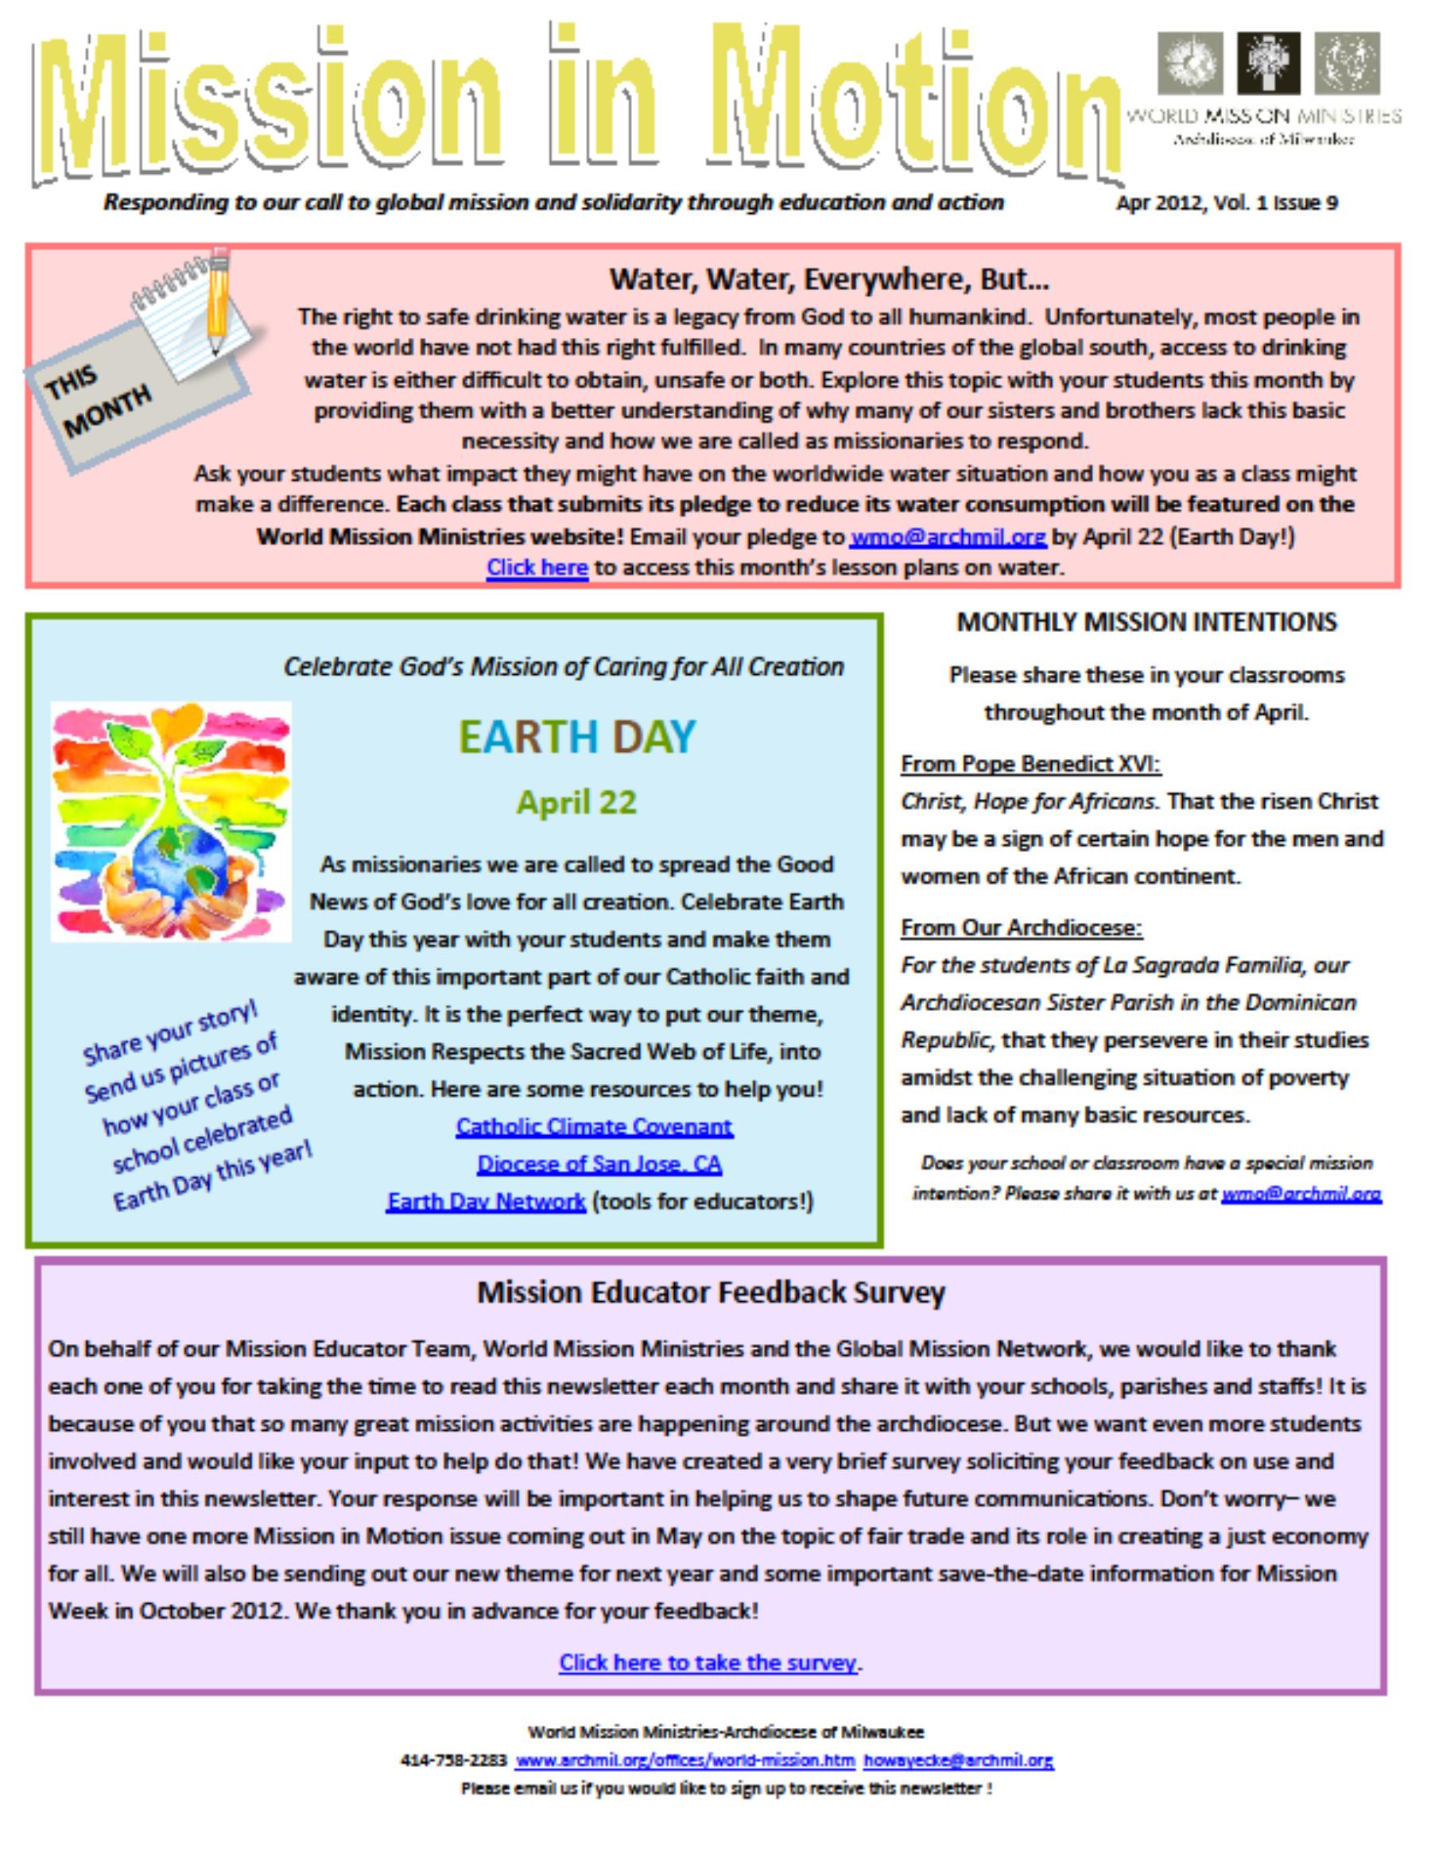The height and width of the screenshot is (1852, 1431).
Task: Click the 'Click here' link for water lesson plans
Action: pos(536,568)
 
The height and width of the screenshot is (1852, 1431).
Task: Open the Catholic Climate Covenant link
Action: pos(594,1126)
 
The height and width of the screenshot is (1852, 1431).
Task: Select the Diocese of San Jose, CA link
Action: pos(599,1164)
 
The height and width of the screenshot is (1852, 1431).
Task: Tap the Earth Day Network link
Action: pos(485,1202)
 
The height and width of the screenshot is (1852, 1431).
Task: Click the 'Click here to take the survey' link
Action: pos(708,1662)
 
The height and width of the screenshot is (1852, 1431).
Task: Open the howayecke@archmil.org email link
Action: pos(959,1761)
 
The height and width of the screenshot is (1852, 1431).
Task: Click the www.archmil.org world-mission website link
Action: pos(685,1761)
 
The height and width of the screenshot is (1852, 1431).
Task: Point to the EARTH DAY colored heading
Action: pos(577,736)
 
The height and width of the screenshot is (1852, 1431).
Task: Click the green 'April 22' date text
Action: pos(577,802)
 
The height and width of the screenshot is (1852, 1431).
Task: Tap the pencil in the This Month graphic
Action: pos(218,296)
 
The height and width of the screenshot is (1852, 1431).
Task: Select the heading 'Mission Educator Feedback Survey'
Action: pos(711,1292)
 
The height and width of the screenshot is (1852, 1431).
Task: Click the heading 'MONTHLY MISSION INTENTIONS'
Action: pos(1147,622)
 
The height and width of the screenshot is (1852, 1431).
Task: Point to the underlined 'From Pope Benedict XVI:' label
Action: pos(1030,764)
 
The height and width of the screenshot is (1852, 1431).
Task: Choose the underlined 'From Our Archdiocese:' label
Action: pos(1022,928)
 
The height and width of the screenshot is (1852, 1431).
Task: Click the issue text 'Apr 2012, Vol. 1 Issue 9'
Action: pos(1227,203)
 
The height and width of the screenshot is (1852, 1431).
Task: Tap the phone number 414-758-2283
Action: pos(453,1761)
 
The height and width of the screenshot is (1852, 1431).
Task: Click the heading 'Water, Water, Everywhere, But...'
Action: pos(828,279)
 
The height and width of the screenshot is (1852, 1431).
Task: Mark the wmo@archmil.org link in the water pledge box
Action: pos(948,537)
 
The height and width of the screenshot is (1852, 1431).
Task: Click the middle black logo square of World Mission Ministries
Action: pos(1268,63)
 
